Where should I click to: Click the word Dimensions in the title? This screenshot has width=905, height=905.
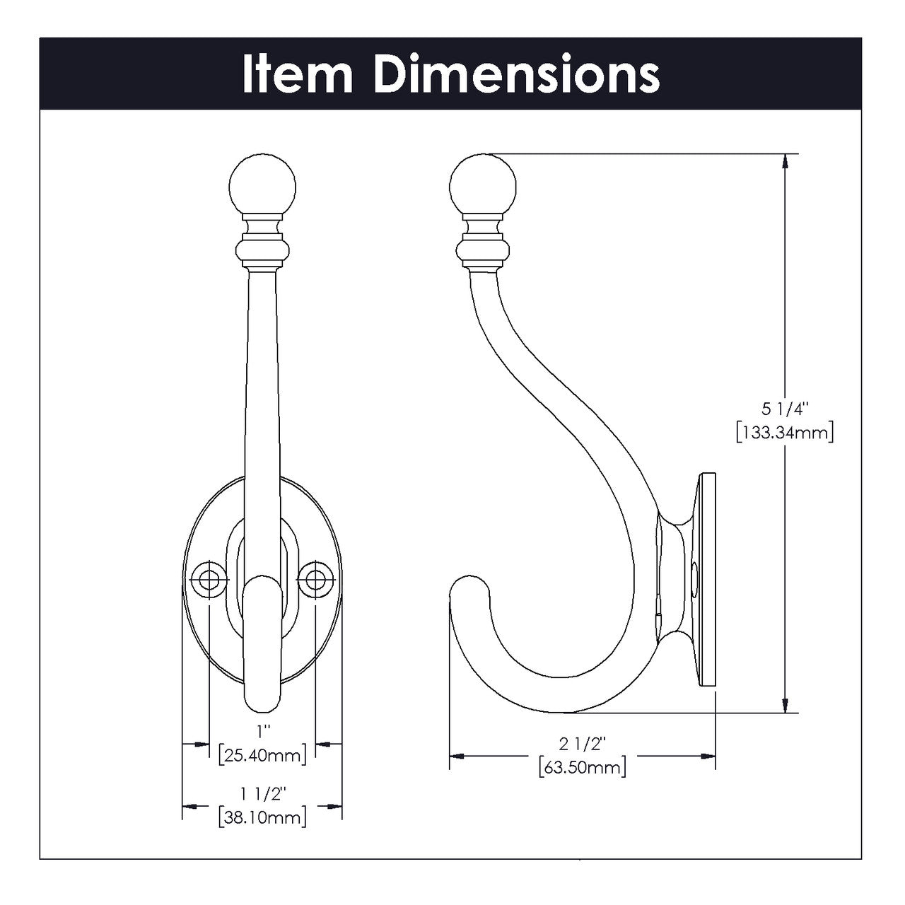[516, 74]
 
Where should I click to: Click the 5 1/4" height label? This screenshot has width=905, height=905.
[785, 409]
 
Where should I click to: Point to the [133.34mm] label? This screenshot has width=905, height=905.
[785, 431]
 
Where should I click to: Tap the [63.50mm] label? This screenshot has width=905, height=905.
[582, 766]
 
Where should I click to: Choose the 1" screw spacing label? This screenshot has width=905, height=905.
[262, 730]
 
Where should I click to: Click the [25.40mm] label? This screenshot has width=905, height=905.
[262, 754]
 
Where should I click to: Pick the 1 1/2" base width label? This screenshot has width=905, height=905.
[262, 794]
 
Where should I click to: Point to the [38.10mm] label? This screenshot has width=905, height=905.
[262, 817]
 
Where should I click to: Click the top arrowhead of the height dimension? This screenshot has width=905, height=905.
[785, 162]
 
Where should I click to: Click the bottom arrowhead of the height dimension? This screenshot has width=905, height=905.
[785, 705]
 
